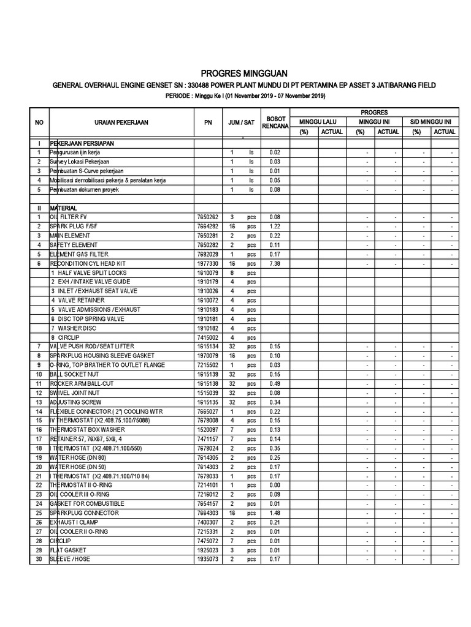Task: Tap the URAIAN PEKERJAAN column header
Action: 117,122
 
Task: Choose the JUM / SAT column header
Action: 240,122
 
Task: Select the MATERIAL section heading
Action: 63,208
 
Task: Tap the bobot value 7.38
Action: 275,263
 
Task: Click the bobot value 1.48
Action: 275,513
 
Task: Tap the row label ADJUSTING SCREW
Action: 77,402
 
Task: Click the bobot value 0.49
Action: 275,384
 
